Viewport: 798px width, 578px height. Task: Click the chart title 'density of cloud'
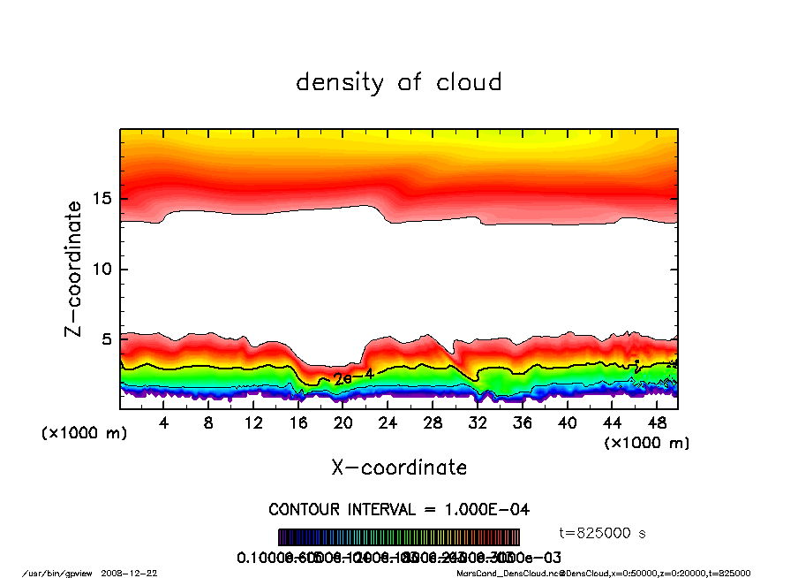coord(398,83)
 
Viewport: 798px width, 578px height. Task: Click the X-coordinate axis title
coord(399,468)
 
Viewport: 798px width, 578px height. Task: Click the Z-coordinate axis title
coord(74,269)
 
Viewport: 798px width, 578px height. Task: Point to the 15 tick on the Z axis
coord(102,199)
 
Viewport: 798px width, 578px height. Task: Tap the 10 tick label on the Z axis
coord(102,270)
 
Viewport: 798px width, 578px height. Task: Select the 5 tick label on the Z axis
coord(108,339)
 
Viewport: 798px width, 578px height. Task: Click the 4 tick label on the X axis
coord(164,423)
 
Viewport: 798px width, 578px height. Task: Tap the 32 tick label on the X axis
coord(478,423)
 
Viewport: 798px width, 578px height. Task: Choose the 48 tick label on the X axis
coord(657,423)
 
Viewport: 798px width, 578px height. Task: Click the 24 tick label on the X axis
coord(388,423)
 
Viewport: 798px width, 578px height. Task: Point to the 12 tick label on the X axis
coord(253,423)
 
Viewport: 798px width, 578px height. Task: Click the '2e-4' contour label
coord(353,376)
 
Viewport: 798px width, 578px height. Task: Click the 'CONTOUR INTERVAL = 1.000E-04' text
coord(399,510)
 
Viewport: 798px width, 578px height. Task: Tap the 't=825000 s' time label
coord(604,533)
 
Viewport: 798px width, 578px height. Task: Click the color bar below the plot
coord(399,537)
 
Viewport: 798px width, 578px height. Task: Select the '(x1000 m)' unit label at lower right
coord(646,443)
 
